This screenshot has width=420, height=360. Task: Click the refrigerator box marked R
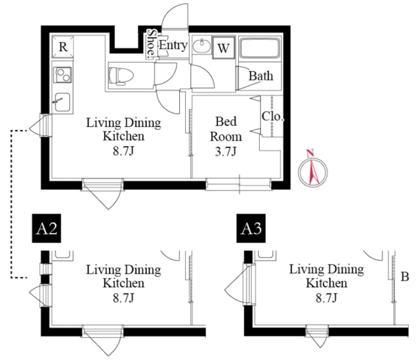63,47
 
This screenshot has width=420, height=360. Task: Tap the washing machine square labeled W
224,48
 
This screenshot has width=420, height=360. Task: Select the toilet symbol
121,76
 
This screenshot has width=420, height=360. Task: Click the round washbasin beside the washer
201,46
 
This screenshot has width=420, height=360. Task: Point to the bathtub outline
260,48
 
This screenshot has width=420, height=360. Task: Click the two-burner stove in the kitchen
63,75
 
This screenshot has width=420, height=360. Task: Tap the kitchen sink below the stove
63,102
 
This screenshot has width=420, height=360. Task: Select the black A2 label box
47,229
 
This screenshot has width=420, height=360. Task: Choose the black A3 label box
251,229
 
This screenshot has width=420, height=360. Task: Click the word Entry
173,45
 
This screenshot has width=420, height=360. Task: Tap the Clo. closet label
273,116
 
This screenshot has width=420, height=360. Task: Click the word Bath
261,76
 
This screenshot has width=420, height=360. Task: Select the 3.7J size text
226,152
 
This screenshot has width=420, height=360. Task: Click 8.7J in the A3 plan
326,298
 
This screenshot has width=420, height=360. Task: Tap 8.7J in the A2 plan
123,298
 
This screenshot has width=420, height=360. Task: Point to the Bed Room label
226,129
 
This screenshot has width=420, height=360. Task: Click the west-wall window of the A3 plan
249,284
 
